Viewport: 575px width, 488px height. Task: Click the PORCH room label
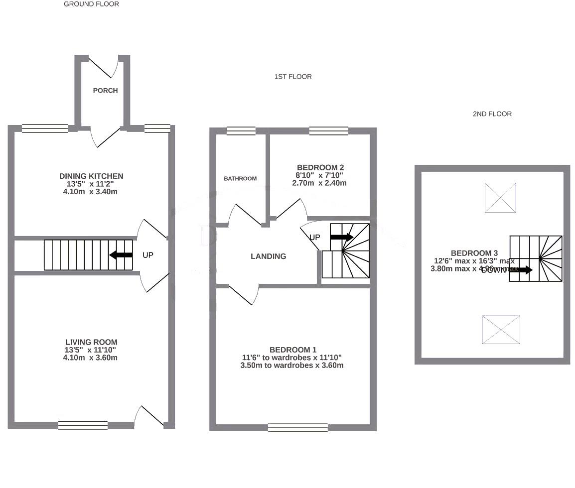[105, 91]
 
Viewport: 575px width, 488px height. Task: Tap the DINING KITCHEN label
[91, 176]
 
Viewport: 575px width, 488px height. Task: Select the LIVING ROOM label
[91, 342]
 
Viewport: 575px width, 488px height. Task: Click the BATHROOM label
[240, 178]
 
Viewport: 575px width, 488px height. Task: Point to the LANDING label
[268, 256]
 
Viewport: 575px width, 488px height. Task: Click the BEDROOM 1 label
[292, 350]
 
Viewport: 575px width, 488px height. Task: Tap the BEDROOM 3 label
[474, 253]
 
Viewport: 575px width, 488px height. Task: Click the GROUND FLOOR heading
[91, 4]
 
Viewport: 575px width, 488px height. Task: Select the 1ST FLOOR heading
[292, 77]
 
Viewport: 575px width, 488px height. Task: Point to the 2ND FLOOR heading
[492, 114]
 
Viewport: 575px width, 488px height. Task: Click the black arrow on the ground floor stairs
[121, 255]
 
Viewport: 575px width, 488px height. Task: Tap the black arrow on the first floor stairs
[341, 237]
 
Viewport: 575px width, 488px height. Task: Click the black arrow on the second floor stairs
[521, 270]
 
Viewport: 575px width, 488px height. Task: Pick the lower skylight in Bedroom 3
[501, 330]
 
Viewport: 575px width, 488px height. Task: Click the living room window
[83, 425]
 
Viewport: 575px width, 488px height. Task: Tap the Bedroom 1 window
[297, 427]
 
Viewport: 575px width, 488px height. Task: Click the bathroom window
[241, 131]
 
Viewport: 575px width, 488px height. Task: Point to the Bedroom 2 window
[328, 131]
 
